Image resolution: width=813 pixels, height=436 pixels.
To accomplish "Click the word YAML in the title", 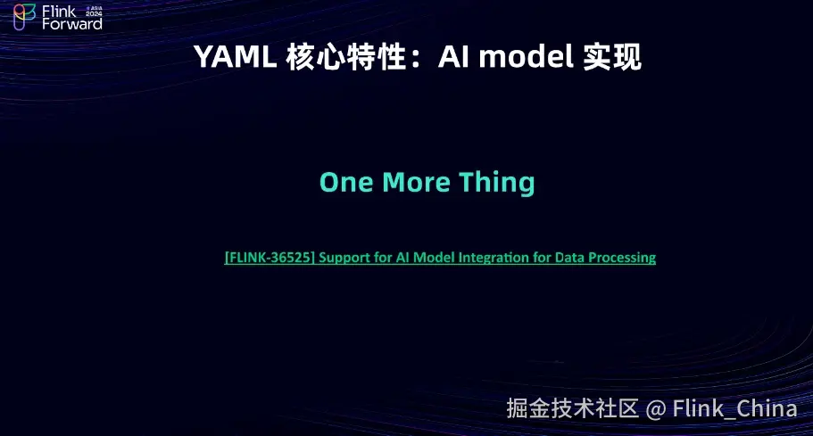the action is click(236, 56).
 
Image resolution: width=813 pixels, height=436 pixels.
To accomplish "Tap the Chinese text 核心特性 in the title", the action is click(346, 57).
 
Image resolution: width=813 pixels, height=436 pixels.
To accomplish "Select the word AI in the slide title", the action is click(453, 56).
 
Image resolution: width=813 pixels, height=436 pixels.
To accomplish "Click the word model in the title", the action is click(526, 56).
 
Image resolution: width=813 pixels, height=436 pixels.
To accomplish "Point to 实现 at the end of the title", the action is click(612, 57).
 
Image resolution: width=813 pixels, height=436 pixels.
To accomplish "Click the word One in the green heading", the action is click(346, 182).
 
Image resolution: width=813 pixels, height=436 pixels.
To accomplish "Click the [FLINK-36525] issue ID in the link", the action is click(270, 258).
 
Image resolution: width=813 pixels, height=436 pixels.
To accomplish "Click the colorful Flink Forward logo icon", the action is click(24, 17).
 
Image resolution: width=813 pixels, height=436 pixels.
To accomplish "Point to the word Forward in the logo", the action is click(72, 24).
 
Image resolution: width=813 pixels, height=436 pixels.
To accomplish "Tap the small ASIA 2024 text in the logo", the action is click(94, 12).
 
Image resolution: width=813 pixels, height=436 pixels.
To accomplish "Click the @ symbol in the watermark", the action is click(656, 409).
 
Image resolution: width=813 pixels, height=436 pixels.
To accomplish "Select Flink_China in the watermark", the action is click(734, 408).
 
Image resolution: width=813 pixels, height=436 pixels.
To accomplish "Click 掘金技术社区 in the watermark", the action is click(572, 408).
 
